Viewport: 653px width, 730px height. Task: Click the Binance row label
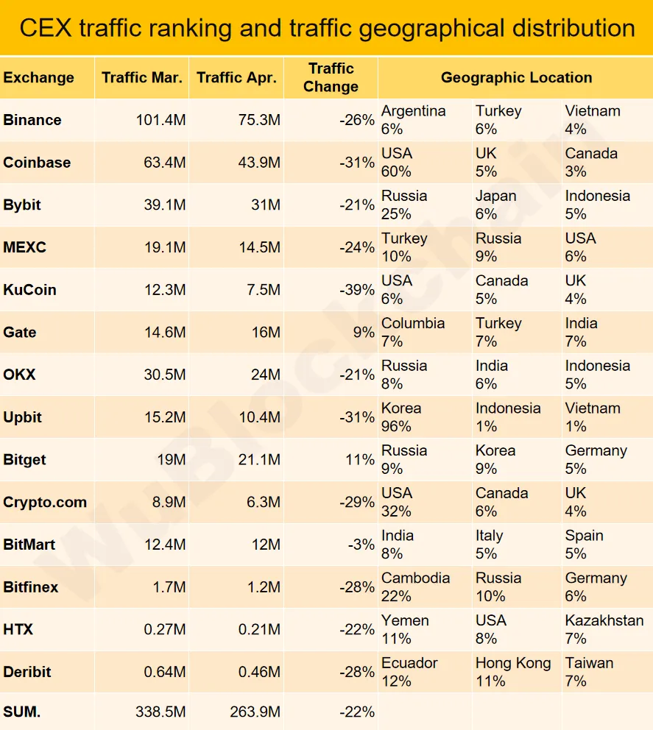coord(32,120)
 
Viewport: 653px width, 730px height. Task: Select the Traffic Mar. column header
coord(142,77)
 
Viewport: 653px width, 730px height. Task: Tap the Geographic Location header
coord(516,77)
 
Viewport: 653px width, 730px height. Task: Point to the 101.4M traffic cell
coord(160,120)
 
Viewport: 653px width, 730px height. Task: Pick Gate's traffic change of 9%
coord(364,333)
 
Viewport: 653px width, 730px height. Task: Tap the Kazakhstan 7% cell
coord(604,629)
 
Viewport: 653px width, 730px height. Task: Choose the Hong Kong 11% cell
coord(512,672)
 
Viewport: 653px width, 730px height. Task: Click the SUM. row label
coord(22,712)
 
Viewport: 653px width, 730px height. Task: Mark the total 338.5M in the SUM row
coord(160,712)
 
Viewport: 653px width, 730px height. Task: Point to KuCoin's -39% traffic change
coord(357,290)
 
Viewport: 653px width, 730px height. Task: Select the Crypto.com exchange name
coord(45,503)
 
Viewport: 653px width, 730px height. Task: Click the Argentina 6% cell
coord(413,120)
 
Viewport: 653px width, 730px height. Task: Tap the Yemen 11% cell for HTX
coord(405,629)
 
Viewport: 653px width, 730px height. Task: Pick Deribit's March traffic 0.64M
coord(165,672)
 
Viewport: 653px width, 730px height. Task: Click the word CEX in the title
coord(45,28)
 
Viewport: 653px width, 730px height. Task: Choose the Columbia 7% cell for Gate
coord(412,333)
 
